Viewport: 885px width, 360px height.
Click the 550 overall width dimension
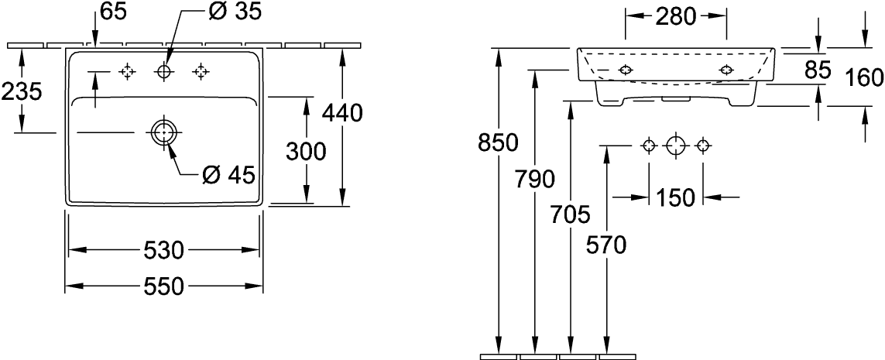tap(163, 286)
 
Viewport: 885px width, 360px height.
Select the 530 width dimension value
tap(163, 250)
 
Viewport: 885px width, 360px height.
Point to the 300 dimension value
tap(307, 153)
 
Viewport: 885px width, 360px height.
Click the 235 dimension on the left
tap(22, 91)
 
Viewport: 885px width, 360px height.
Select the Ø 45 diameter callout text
tap(228, 175)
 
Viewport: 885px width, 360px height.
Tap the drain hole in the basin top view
tap(163, 132)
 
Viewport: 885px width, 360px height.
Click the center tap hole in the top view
tap(163, 72)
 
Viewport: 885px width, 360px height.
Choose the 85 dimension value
tap(818, 70)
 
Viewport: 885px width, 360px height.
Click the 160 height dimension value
tap(864, 77)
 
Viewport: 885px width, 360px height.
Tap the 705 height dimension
tap(571, 213)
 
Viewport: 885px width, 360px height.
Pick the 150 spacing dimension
tap(676, 197)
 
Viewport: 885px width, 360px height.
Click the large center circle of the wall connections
tap(676, 145)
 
